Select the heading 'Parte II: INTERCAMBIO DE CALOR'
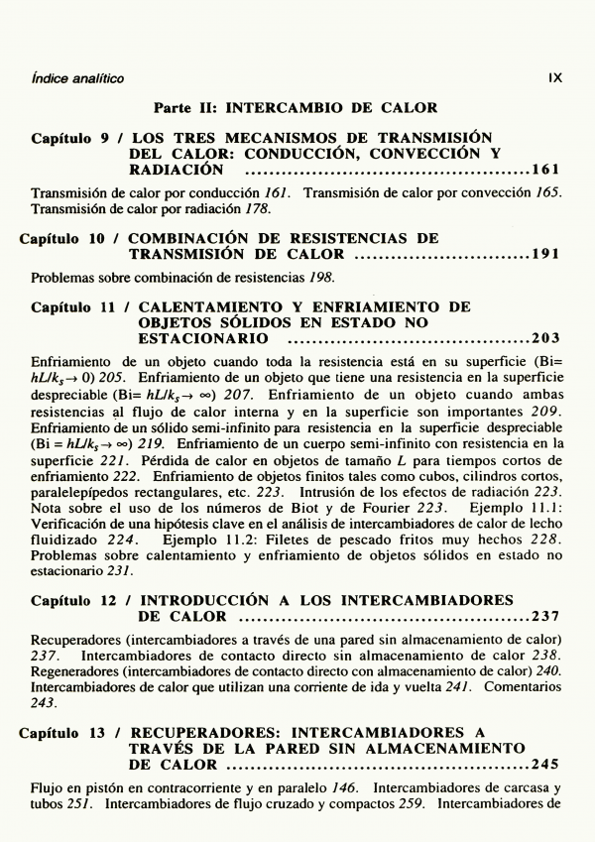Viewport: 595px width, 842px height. click(296, 107)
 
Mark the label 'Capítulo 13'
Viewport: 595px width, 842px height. click(66, 733)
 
